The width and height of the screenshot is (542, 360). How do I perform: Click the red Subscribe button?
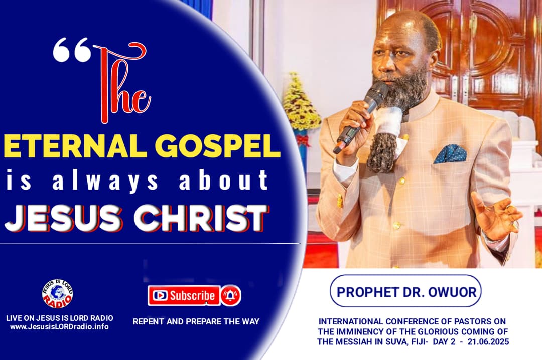tap(184, 295)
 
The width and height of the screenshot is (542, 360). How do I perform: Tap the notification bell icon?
tap(231, 295)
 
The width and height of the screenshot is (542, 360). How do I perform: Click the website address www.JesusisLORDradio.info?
tap(59, 327)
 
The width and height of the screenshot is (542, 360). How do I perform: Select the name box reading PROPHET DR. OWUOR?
tap(405, 291)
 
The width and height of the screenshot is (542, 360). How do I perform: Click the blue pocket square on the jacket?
tap(450, 153)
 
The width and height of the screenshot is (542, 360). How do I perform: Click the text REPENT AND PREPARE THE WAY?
tap(196, 321)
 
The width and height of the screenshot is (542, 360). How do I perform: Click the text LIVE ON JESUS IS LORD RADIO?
tap(59, 318)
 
